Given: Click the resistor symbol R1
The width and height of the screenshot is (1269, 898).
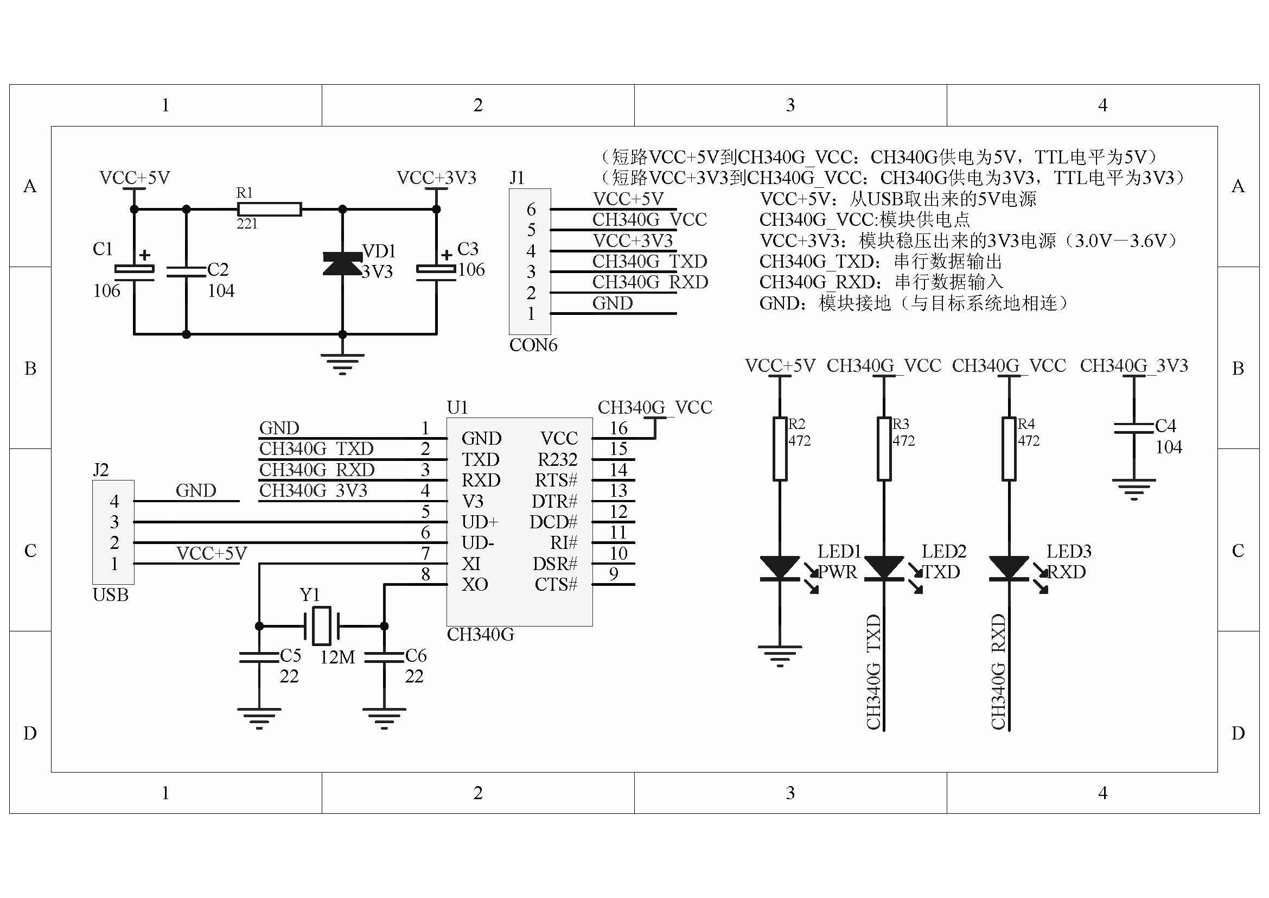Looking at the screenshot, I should [269, 209].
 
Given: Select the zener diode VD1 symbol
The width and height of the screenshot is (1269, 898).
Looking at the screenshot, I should [342, 263].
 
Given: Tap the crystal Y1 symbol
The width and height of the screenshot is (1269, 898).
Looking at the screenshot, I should [322, 626].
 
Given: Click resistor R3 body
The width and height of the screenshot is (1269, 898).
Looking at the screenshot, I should [884, 448].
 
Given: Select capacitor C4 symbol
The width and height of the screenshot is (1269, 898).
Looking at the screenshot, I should [1133, 428].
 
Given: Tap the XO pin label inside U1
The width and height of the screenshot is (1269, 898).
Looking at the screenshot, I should [475, 585].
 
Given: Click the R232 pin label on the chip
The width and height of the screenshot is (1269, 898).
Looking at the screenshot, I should [557, 459].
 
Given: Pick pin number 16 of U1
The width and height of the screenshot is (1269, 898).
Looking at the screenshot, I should [618, 428].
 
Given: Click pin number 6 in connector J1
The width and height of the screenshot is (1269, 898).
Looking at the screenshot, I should [531, 209].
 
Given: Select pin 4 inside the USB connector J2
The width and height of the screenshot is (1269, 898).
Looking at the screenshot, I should [114, 501].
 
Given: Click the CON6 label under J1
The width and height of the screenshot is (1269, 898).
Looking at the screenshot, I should [533, 345].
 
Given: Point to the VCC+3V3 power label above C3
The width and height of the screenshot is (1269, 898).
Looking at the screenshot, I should [436, 178].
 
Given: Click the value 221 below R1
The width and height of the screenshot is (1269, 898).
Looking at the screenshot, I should [246, 224].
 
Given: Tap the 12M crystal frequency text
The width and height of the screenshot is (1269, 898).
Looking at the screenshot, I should [337, 657].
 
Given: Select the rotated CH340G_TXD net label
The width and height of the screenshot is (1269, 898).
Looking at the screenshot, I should [873, 671].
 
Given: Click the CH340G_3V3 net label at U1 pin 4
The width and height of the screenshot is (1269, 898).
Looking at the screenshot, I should [313, 490].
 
